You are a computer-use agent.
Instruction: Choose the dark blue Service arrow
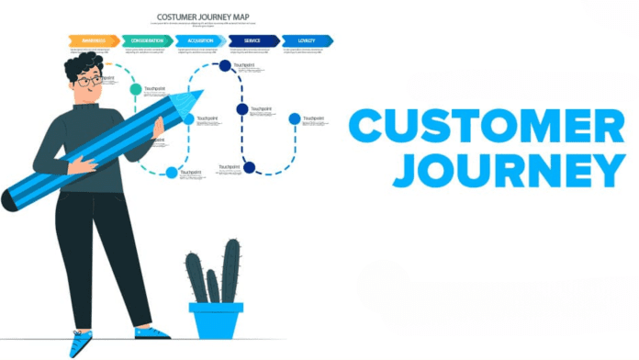[253, 40]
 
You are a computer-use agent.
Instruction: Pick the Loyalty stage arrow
[307, 40]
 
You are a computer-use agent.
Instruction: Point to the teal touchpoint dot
[136, 90]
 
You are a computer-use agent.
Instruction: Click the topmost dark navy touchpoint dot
[225, 65]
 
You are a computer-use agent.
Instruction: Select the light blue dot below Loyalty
[295, 118]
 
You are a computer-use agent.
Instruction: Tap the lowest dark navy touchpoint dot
[249, 167]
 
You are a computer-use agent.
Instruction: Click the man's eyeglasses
[89, 82]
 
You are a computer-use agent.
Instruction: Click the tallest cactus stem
[230, 270]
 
